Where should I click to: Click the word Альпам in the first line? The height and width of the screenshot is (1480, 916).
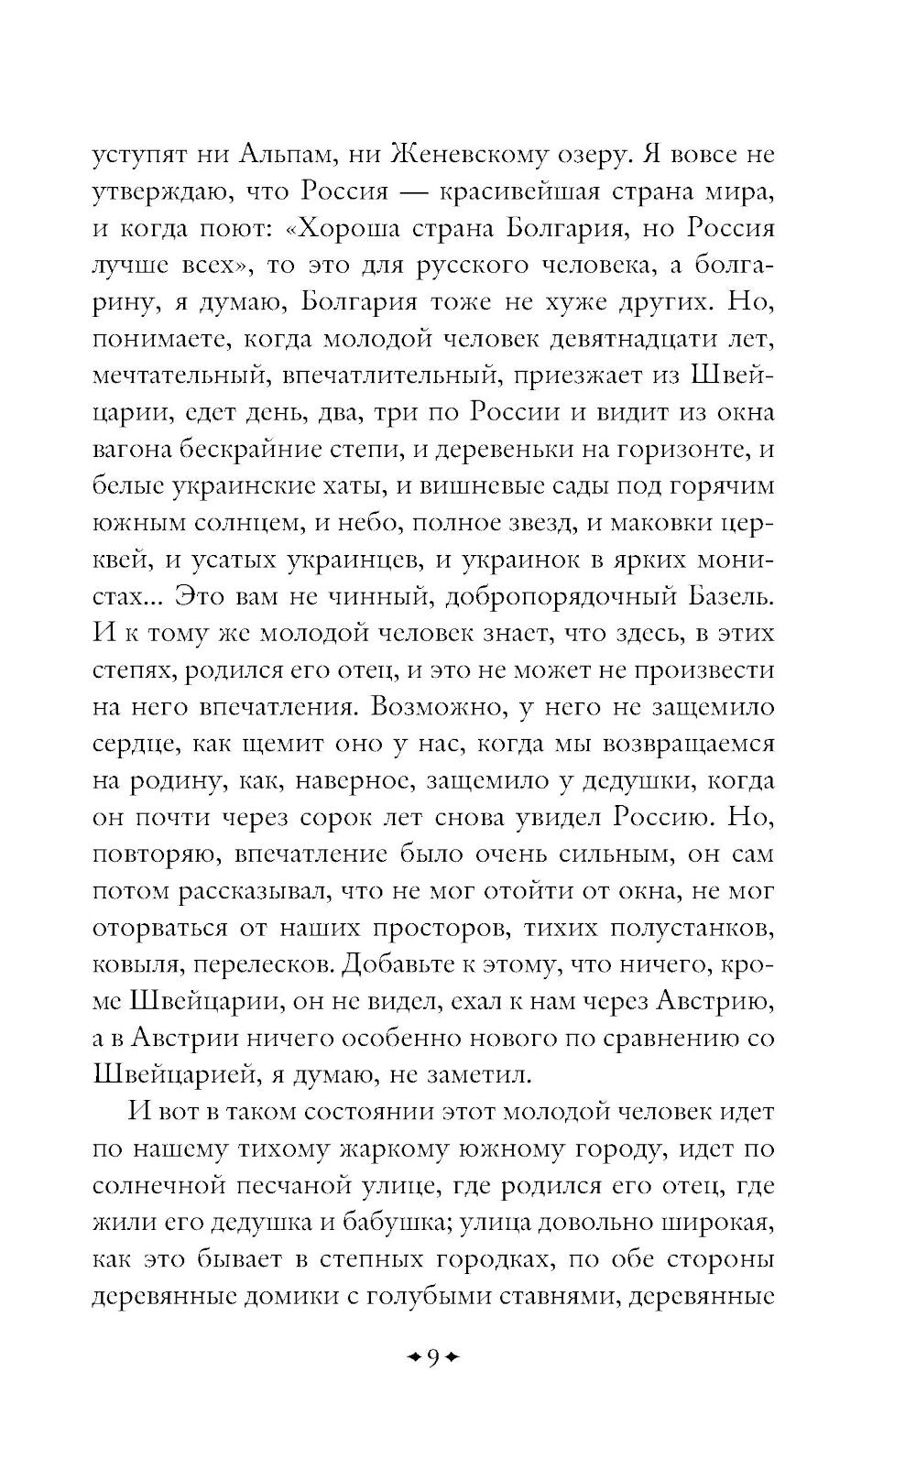point(264,155)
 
